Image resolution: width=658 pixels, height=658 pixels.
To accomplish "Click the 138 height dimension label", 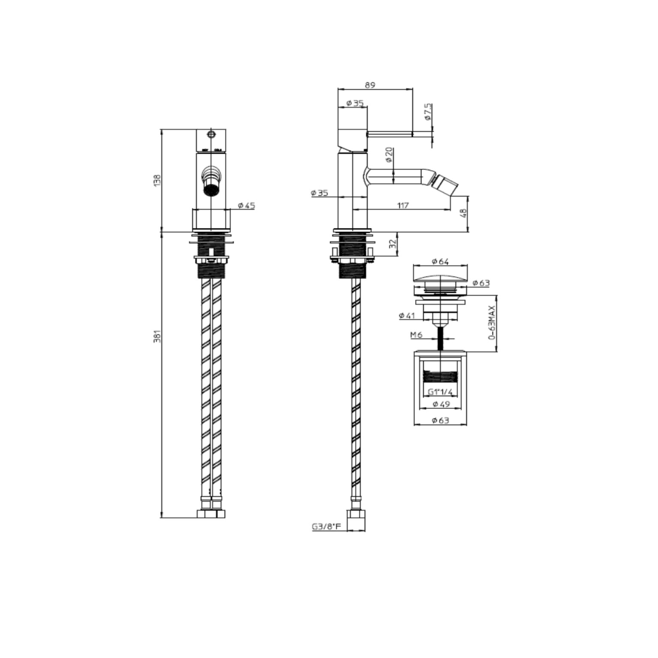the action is point(157,180).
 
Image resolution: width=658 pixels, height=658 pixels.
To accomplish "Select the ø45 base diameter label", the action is point(245,205).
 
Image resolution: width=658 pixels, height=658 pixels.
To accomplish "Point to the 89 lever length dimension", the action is point(370,85).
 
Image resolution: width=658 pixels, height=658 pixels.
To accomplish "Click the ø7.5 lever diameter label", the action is point(428,111).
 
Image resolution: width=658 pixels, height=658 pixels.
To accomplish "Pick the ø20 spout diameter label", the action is point(389,154).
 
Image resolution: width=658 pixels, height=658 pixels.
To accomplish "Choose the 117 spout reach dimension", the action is point(402,205).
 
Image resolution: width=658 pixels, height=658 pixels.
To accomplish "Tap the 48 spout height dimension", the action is point(462,214).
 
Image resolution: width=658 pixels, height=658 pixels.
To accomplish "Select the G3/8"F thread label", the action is point(326,527).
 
